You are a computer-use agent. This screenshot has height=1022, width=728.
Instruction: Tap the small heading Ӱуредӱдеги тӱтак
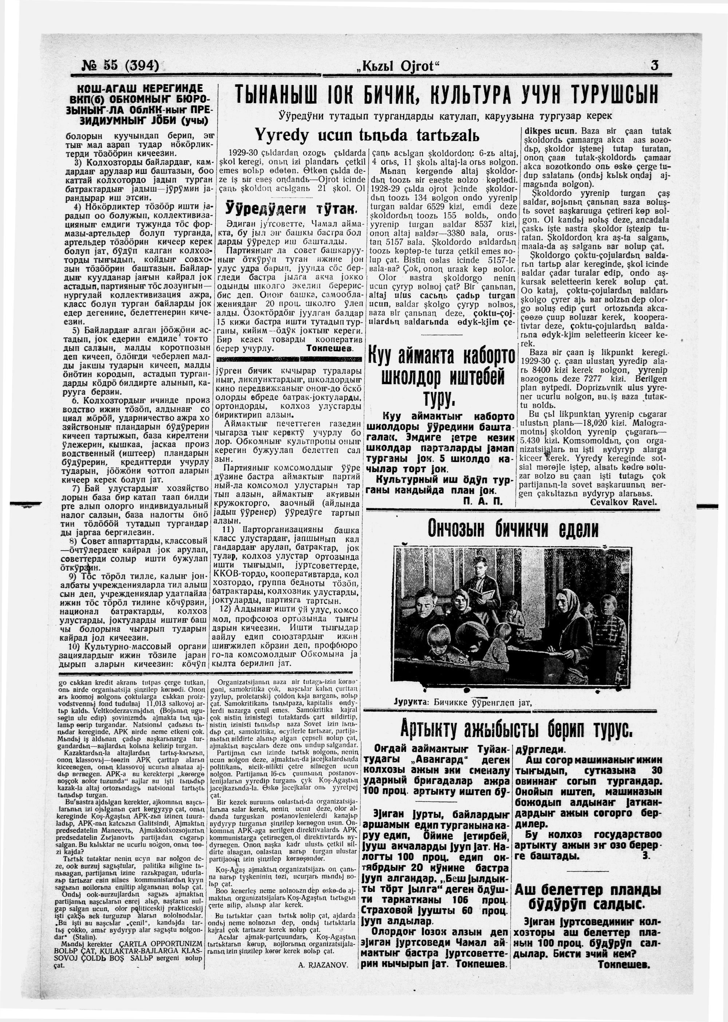290,208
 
